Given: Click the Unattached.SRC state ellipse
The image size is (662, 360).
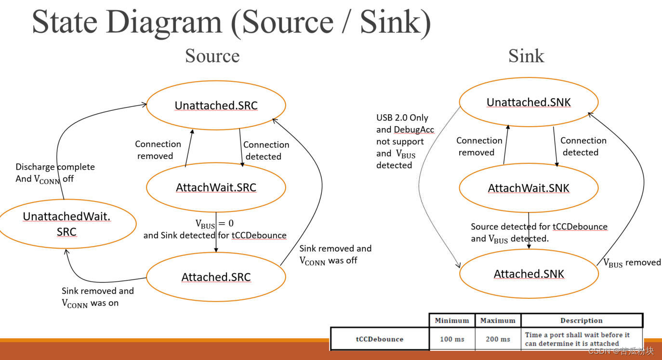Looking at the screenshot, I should (216, 105).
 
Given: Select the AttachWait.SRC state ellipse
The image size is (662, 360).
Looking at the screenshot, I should (216, 187).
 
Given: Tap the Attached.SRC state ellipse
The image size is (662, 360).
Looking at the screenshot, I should (216, 277).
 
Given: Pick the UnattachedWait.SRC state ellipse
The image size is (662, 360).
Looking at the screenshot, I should (66, 224).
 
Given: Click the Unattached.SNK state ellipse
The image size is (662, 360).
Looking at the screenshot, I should (529, 102).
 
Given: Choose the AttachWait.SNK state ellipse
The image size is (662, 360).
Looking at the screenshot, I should (529, 188).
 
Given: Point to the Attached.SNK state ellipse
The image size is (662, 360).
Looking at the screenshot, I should (529, 274).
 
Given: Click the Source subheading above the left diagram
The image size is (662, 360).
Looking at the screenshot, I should (212, 56).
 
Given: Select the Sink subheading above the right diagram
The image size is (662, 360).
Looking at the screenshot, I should (526, 56).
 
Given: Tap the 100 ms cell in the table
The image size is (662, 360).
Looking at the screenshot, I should (452, 339).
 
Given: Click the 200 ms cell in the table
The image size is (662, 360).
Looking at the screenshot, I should (498, 339).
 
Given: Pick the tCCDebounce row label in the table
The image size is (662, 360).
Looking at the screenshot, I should (380, 339).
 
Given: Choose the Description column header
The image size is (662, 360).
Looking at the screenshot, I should (581, 320).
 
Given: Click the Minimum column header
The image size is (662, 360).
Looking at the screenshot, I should (452, 320).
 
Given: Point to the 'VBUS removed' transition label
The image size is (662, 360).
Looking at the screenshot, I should (632, 263).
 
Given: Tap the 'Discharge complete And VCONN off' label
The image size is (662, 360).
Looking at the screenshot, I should (55, 173).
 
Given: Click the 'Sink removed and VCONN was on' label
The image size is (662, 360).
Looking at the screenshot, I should (97, 297).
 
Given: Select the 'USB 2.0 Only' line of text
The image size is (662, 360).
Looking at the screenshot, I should (402, 118).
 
